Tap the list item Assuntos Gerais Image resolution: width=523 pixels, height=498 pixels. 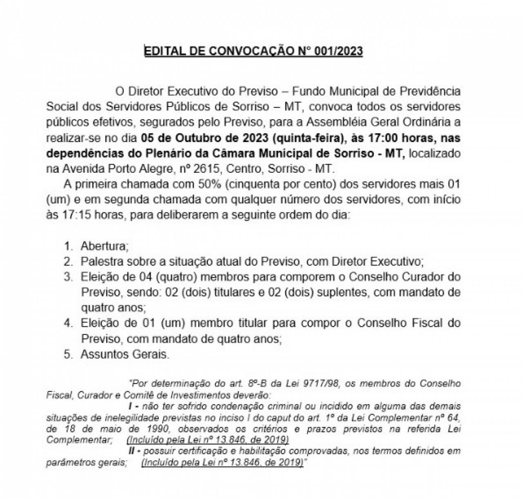coord(125,354)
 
